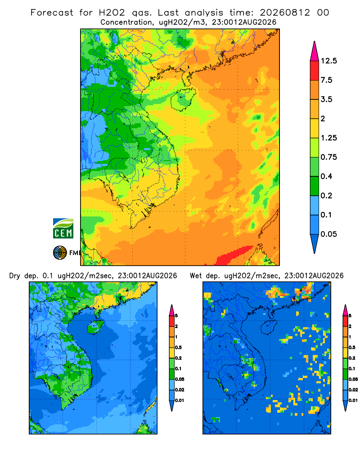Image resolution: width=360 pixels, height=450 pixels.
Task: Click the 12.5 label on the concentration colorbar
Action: pyautogui.click(x=328, y=61)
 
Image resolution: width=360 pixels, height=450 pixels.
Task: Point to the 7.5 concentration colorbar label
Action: pyautogui.click(x=326, y=80)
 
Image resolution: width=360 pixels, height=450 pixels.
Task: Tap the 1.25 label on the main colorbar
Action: pyautogui.click(x=328, y=138)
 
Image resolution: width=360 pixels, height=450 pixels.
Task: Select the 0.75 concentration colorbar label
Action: pyautogui.click(x=328, y=157)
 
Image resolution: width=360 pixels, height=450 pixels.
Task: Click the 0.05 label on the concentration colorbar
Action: pyautogui.click(x=328, y=234)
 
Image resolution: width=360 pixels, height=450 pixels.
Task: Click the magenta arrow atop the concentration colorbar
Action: pyautogui.click(x=315, y=51)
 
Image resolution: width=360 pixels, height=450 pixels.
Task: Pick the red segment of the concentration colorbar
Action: pyautogui.click(x=315, y=71)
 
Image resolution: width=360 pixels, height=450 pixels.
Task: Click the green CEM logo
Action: pyautogui.click(x=63, y=229)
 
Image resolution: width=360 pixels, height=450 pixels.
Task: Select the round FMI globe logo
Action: pyautogui.click(x=60, y=253)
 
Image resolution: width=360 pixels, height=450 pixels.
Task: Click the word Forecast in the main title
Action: pyautogui.click(x=52, y=13)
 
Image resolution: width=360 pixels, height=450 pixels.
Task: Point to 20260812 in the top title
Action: pyautogui.click(x=285, y=13)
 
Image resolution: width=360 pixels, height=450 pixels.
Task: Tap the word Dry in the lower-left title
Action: pyautogui.click(x=15, y=276)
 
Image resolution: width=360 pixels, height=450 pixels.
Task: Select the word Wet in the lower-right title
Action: pyautogui.click(x=196, y=276)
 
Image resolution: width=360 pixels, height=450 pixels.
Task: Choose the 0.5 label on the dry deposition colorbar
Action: pyautogui.click(x=178, y=347)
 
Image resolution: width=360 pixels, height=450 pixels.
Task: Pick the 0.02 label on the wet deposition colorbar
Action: pyautogui.click(x=353, y=390)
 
